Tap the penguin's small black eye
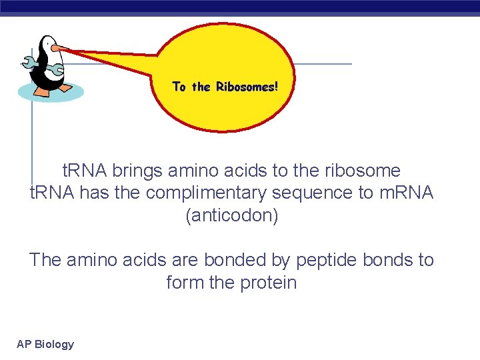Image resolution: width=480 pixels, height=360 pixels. (47, 43)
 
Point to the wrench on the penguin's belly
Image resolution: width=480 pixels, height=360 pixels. (56, 69)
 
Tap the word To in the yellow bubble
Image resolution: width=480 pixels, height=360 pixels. (179, 87)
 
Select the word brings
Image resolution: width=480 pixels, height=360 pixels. (137, 171)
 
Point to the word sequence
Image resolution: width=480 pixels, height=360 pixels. (310, 193)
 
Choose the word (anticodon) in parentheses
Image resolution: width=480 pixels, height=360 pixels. (231, 216)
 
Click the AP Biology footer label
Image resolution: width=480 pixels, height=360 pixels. (45, 344)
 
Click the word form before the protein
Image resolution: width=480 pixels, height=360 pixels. (185, 283)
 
